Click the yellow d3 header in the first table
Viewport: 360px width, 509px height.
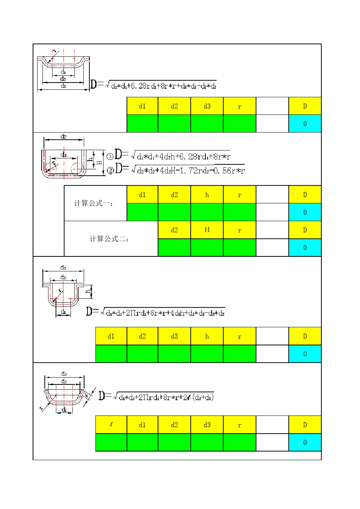coord(207,106)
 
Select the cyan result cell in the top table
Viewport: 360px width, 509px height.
coord(305,123)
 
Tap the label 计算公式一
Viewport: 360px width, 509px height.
coord(93,203)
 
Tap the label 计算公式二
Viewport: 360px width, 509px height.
coord(109,239)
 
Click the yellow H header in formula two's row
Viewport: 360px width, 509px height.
coord(207,230)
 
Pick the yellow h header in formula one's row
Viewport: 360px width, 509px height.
coord(207,195)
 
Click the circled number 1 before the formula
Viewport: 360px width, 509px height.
coord(110,156)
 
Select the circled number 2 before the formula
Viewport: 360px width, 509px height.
coord(110,170)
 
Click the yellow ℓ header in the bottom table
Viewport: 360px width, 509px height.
coord(111,425)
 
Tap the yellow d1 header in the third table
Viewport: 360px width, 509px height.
coord(111,336)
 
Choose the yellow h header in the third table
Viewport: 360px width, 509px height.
coord(207,336)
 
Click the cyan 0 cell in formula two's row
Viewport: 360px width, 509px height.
coord(305,248)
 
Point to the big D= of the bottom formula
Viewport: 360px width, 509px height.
coord(104,396)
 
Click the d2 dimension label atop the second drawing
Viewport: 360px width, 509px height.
coord(64,136)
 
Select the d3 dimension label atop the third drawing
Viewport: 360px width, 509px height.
coord(63,268)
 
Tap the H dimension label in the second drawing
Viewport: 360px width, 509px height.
coord(99,162)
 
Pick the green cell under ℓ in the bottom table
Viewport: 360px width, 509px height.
coord(111,442)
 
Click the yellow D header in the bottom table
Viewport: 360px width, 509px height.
coord(305,425)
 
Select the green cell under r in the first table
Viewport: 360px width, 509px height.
coord(239,123)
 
